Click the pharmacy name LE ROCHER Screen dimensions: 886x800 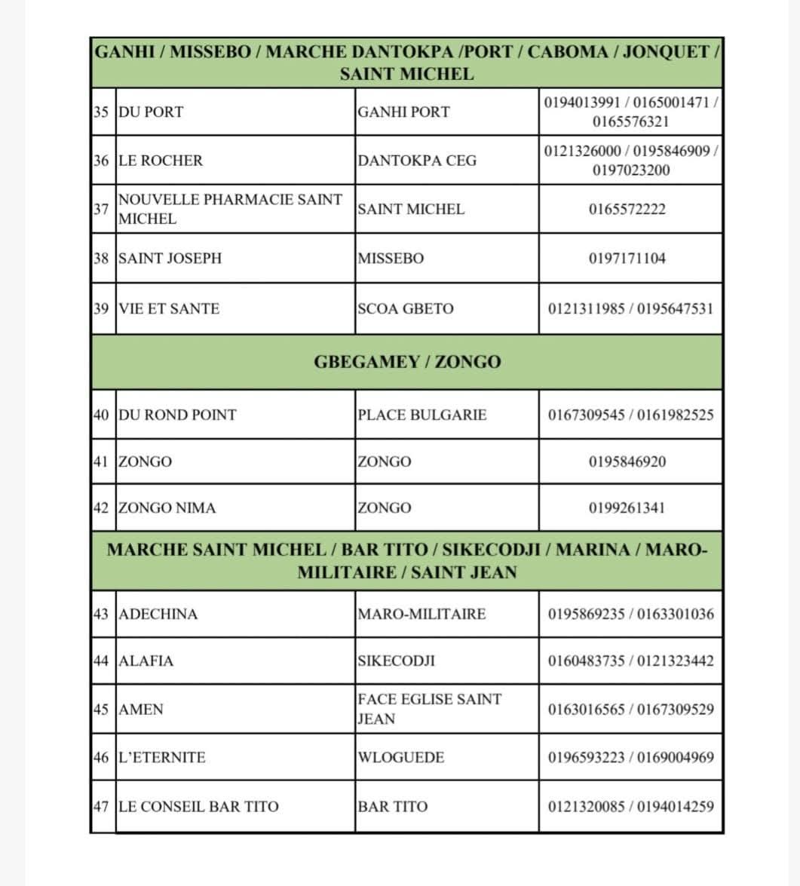coord(161,161)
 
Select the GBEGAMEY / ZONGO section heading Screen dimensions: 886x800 coord(406,362)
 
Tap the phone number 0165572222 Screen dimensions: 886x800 coord(627,210)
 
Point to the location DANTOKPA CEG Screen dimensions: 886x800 coord(417,161)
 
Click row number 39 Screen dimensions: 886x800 coord(102,308)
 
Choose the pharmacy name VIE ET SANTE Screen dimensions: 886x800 coord(170,308)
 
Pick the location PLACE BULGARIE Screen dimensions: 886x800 coord(422,415)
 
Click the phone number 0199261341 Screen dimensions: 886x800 coord(627,507)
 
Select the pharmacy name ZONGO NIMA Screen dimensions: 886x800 coord(167,507)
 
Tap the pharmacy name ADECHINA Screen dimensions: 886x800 coord(158,614)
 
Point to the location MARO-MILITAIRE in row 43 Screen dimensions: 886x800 coord(421,614)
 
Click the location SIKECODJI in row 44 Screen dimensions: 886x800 coord(396,661)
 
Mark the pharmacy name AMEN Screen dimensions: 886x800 coord(141,710)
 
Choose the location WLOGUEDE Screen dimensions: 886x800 coord(400,757)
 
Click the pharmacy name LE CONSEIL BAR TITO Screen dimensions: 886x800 coord(199,807)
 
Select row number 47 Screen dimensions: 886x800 coord(102,807)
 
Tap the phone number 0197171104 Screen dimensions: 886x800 coord(627,259)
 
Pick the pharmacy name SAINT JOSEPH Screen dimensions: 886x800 coord(170,259)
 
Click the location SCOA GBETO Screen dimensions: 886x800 coord(406,308)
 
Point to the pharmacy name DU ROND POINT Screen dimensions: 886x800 coord(178,415)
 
